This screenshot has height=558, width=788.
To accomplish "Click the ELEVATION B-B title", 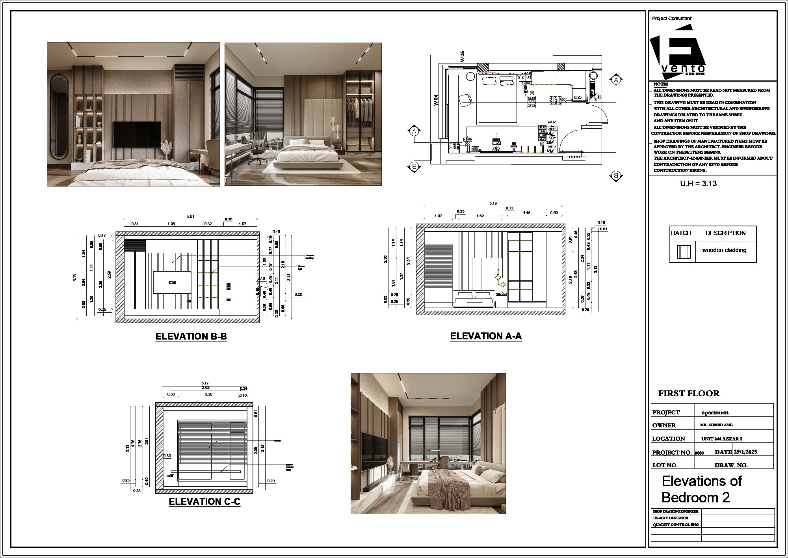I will point(191,336).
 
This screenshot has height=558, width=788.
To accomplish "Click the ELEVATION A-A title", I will point(486,336).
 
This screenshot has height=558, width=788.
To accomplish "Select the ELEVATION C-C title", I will point(204,502).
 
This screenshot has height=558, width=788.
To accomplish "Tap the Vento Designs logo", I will point(677,51).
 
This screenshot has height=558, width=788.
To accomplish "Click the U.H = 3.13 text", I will point(698,183).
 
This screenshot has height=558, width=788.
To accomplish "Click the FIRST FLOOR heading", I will point(689,394).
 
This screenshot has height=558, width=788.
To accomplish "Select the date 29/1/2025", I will point(745,452).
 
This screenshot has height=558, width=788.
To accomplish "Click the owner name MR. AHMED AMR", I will point(716,425).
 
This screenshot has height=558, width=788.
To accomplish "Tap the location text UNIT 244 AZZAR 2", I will point(722,439).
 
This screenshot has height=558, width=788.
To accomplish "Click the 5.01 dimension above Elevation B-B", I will point(191,216).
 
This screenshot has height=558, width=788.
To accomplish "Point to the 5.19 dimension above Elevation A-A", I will point(493,203).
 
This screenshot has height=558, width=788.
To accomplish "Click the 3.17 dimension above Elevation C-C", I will point(205,383).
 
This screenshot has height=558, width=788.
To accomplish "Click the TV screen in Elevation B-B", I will point(172,282).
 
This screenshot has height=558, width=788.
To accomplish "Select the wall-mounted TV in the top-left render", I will point(137,134).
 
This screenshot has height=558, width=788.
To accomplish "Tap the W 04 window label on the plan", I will point(436,100).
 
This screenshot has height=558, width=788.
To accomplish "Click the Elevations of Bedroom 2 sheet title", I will point(701,489).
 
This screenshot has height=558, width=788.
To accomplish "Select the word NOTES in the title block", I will point(661,84).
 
